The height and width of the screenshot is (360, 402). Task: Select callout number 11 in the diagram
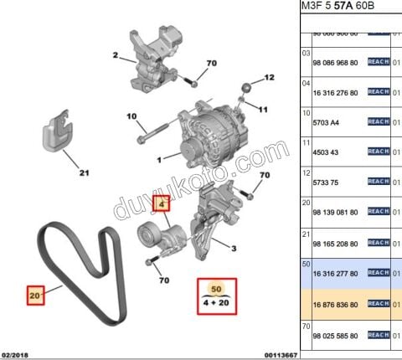pos(262,109)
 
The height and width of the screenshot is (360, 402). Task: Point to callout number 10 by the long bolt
pos(131,116)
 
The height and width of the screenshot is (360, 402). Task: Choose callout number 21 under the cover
pos(84,174)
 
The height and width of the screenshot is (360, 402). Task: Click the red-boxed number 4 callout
pos(162,202)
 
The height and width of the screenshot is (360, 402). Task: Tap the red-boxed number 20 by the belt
pos(35,295)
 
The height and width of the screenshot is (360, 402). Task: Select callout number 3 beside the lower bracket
pos(234,248)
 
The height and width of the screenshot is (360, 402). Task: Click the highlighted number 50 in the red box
pos(216,289)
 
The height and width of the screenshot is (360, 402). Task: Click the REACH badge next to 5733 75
pos(379,181)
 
